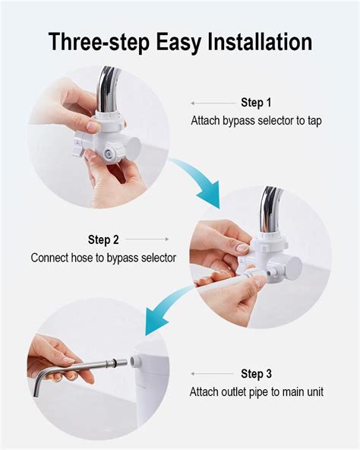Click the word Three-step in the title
(99, 43)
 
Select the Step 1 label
(256, 103)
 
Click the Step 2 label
(103, 239)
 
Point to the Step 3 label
(256, 374)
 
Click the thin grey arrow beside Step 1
(213, 103)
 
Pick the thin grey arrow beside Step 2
(147, 239)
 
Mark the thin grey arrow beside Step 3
(213, 374)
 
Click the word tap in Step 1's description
(314, 121)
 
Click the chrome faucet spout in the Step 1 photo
(107, 90)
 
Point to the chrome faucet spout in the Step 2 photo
(270, 210)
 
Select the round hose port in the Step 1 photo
(109, 154)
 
